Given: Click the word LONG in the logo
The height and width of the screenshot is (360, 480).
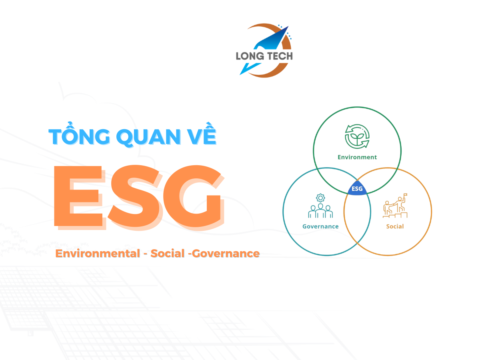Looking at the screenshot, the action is pos(250,56).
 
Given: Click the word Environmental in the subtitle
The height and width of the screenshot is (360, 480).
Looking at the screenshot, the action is pos(98,254).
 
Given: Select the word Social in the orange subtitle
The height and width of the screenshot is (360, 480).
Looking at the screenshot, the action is pos(168,254).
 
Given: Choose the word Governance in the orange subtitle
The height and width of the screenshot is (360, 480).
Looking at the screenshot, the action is pos(226,254).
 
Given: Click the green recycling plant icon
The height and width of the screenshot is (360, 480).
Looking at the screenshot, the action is pos(357,136).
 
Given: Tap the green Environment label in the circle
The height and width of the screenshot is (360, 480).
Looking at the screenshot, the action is pos(357,157).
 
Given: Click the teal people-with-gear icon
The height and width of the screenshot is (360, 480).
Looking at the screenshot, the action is pos(320,206).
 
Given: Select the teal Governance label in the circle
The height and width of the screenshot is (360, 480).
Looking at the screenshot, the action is pos(320,226).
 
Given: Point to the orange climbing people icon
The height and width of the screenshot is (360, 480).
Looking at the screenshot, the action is pos(395,206).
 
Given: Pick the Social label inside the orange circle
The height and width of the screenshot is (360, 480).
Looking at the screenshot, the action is pos(395,226).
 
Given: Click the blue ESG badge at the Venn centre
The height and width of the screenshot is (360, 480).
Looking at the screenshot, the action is pos(357,188).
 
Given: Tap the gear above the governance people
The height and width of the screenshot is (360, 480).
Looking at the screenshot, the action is pos(320,198).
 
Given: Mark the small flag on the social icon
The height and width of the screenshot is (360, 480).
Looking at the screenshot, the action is pos(405,194).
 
